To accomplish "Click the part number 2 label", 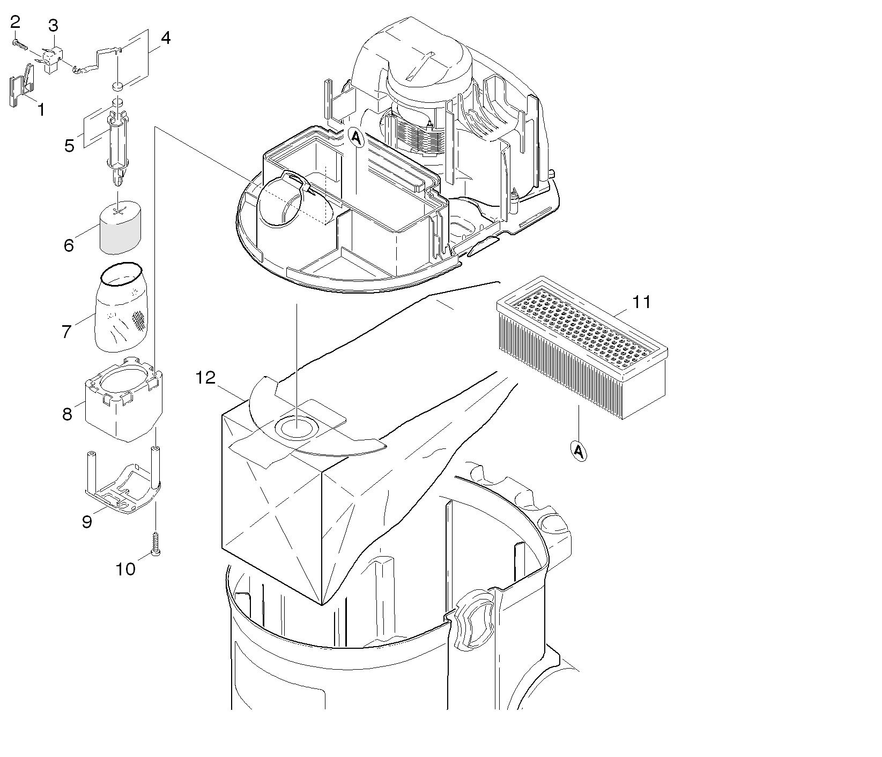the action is (x=15, y=22).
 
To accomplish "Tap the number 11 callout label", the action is (x=641, y=302).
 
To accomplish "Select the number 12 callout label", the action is (x=205, y=378).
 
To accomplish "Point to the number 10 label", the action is (x=126, y=569).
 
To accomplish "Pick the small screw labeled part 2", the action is (x=20, y=44).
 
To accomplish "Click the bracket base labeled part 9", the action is (x=122, y=482).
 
